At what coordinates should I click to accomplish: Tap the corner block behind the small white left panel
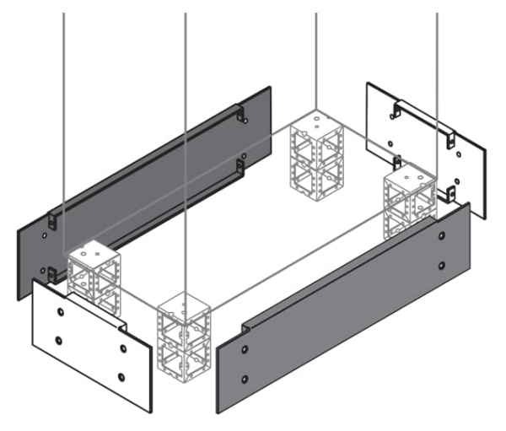(94, 274)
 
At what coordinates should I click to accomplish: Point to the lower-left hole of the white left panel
(58, 340)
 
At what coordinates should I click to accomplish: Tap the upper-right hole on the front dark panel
(442, 237)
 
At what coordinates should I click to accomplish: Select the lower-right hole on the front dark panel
(442, 266)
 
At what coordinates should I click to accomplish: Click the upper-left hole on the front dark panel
(245, 348)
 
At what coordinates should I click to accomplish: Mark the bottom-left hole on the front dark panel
(245, 378)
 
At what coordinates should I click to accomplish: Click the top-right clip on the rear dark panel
(241, 114)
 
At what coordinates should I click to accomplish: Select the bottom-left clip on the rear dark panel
(51, 272)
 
